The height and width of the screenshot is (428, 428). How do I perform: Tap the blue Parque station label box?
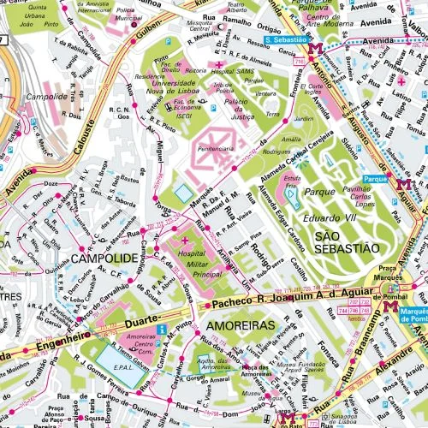pyautogui.click(x=374, y=179)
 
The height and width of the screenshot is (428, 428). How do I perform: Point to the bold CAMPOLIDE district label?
pyautogui.click(x=104, y=257)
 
